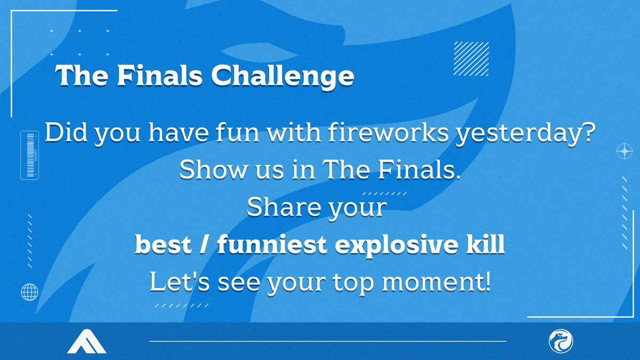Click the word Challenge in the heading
(283, 77)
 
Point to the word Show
(205, 170)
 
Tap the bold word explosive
(393, 246)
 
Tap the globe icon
(29, 292)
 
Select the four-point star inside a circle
(623, 151)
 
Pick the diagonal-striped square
(470, 59)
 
